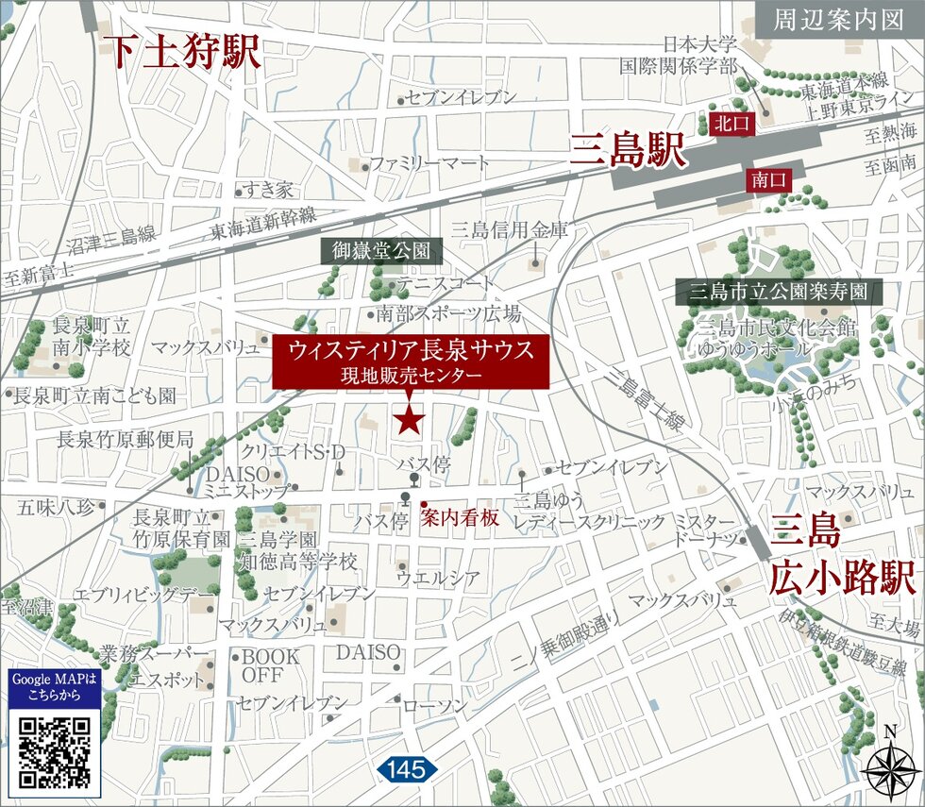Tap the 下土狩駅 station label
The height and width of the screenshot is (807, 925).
tap(184, 53)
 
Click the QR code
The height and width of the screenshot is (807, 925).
tap(55, 752)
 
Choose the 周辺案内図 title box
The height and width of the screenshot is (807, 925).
tap(838, 20)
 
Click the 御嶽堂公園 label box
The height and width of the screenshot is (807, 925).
tap(381, 251)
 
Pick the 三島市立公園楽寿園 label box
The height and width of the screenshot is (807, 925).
tap(779, 291)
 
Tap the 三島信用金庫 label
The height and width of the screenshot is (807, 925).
tap(511, 229)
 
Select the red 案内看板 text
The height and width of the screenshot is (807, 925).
tap(460, 517)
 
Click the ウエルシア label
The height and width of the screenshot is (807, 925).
tap(437, 578)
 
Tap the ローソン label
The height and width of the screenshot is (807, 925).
tap(434, 706)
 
